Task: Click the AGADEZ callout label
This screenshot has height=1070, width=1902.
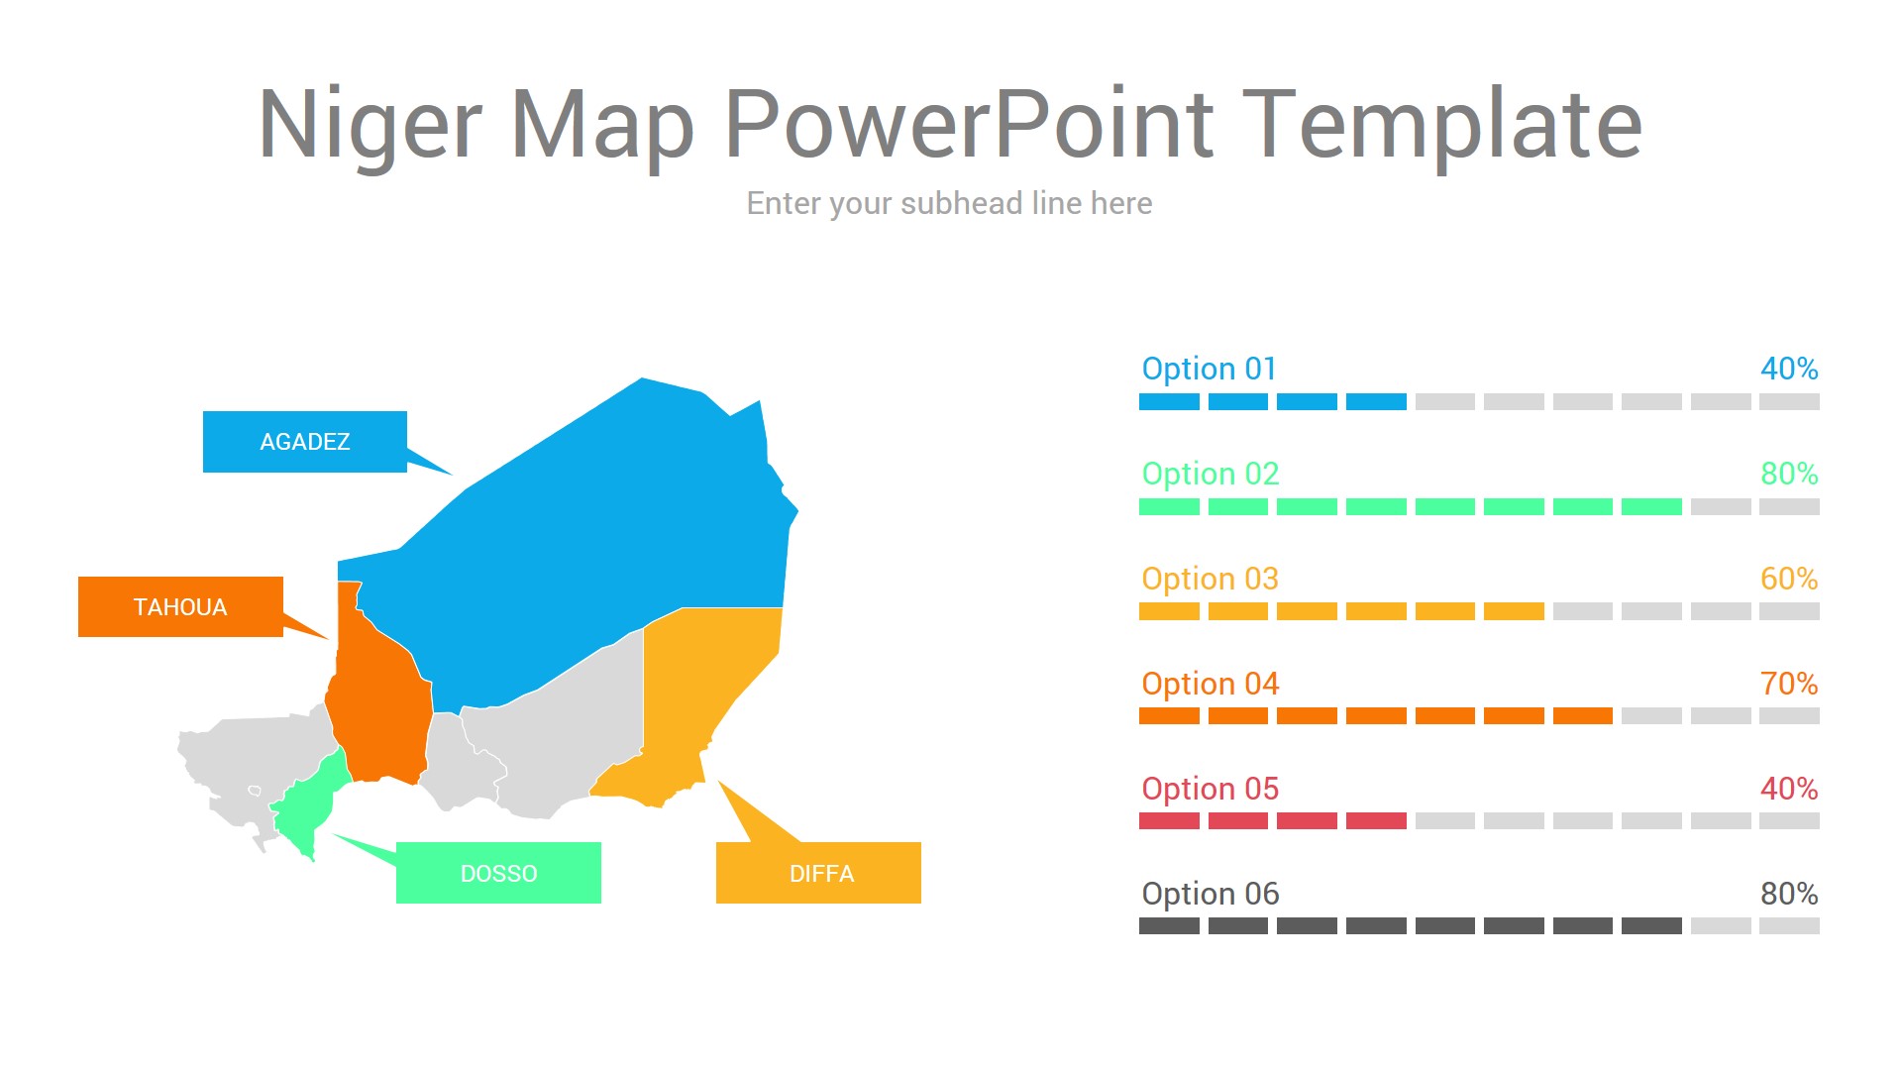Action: pos(305,442)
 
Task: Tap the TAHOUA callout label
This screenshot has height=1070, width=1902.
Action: pos(180,607)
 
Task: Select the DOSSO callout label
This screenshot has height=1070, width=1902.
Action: pos(498,873)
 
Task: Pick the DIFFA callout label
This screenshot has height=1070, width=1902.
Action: pos(819,873)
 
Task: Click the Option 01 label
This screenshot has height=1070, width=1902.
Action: pos(1209,369)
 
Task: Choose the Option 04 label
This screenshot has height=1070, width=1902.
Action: pos(1210,684)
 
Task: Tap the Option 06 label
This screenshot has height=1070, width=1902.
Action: pos(1210,894)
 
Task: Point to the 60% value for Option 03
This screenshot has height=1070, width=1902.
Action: pos(1788,579)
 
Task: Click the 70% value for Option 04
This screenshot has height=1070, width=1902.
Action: pos(1788,684)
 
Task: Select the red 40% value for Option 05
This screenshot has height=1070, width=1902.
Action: pos(1788,789)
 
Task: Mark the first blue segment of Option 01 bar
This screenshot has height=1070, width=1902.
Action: pos(1169,401)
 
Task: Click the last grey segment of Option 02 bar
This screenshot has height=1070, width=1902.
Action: pos(1789,506)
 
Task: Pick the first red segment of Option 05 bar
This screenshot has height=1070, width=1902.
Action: pos(1169,820)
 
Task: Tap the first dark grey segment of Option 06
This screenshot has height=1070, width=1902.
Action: pos(1169,925)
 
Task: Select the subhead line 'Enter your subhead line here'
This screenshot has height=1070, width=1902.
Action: pos(949,203)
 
